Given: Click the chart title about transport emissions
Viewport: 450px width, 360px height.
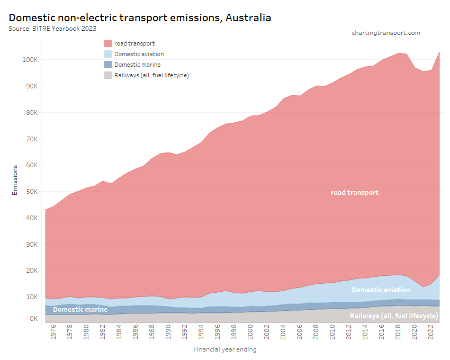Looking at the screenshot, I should [140, 17].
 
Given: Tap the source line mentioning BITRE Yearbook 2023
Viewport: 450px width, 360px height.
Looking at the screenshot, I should [52, 28].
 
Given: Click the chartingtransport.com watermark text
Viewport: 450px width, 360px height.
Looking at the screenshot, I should [385, 33].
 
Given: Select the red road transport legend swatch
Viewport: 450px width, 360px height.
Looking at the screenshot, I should [108, 43].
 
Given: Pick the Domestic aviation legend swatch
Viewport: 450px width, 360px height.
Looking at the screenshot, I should [108, 54].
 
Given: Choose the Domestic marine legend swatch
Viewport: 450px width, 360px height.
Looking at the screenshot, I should [108, 65].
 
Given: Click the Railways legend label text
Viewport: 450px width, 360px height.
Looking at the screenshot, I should [151, 75].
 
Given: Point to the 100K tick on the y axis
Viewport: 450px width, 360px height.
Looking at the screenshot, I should [30, 60].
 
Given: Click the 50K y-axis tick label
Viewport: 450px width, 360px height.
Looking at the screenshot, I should [31, 192].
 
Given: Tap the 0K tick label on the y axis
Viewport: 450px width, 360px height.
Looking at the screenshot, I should [33, 319].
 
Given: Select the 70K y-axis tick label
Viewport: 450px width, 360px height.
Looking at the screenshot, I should [31, 139].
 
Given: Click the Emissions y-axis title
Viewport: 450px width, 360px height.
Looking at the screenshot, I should [15, 179].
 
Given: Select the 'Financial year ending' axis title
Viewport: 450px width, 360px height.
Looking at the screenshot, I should [225, 349].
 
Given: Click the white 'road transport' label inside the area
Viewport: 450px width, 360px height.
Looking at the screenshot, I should [355, 193].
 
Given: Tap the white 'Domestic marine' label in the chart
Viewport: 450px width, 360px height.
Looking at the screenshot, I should [80, 309].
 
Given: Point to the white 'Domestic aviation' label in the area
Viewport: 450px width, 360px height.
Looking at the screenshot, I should [381, 290].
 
